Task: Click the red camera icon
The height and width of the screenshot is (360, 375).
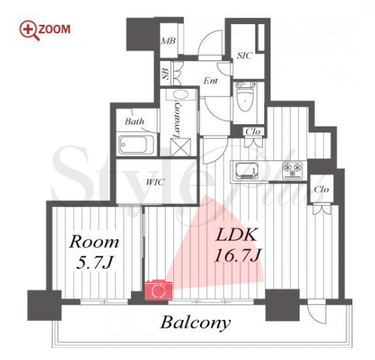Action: coord(159,290)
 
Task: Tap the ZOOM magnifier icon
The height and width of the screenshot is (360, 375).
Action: coord(29,30)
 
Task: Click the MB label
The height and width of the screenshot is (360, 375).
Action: coord(168,41)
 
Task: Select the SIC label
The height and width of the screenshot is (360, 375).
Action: coord(244,56)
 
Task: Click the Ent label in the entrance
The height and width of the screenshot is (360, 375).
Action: coord(210,81)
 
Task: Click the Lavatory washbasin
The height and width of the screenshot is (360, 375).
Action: coord(181,95)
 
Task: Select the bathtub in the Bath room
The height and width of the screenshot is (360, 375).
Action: coord(136,145)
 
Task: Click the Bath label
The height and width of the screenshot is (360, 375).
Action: coord(135,121)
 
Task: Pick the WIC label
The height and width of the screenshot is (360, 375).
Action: coord(155,182)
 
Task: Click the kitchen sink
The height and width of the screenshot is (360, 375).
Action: coord(247,170)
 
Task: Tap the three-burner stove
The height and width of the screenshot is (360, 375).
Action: coord(292,170)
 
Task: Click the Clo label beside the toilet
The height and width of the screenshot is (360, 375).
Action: coord(253,132)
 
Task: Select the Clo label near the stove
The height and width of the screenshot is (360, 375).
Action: coord(322,189)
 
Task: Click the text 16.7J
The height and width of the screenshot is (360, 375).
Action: coord(238,255)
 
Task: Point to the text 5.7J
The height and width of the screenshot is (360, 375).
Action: coord(94,263)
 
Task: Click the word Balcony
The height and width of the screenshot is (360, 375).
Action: coord(195,323)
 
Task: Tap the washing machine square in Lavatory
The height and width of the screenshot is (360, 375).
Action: coord(181,147)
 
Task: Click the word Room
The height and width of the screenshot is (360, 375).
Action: coord(94,242)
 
